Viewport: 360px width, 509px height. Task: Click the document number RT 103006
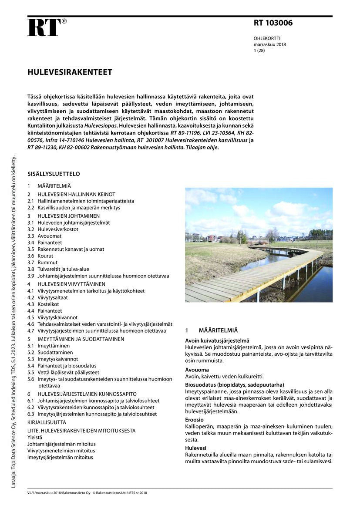pyautogui.click(x=273, y=24)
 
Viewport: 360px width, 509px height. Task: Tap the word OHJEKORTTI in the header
pyautogui.click(x=267, y=38)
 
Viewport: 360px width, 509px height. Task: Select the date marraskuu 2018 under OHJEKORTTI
pyautogui.click(x=269, y=44)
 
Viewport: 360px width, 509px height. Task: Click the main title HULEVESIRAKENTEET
pyautogui.click(x=70, y=72)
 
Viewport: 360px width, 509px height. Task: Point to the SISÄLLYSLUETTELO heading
pyautogui.click(x=54, y=174)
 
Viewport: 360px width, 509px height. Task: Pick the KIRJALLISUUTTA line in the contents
pyautogui.click(x=47, y=422)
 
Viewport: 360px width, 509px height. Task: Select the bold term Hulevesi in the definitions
pyautogui.click(x=195, y=448)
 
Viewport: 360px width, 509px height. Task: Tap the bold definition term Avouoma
pyautogui.click(x=197, y=370)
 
